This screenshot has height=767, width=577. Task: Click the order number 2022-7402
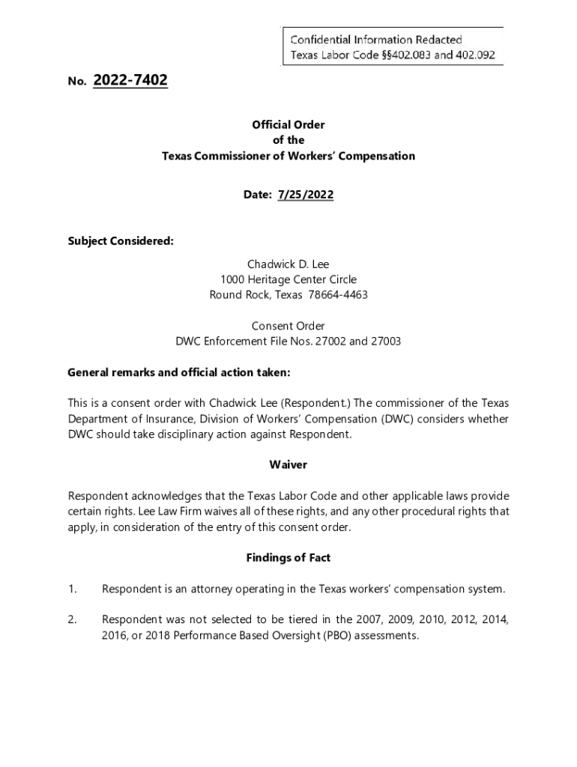130,80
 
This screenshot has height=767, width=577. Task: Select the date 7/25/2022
305,195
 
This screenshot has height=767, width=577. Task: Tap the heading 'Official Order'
288,125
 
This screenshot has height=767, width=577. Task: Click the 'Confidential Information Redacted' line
376,39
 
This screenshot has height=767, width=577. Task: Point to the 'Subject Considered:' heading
121,240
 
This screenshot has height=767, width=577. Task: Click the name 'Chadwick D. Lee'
288,264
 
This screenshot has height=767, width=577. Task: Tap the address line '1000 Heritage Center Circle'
288,279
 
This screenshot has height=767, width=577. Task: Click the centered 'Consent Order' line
288,326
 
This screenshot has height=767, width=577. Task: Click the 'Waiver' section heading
288,465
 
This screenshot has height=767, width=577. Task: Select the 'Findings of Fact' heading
288,558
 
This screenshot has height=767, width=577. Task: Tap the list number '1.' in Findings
73,589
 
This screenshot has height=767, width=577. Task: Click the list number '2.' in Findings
73,620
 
